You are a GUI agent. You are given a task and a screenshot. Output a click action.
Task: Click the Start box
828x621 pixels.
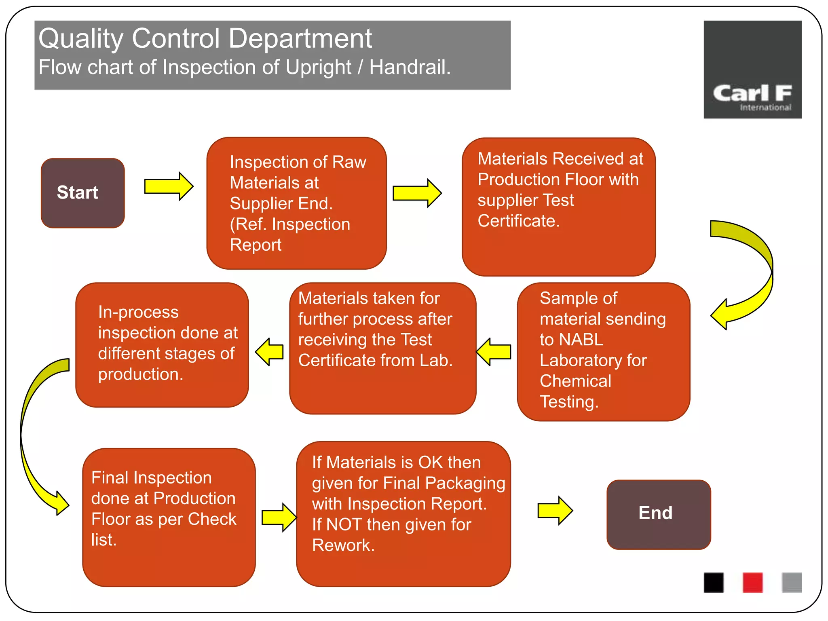pos(82,193)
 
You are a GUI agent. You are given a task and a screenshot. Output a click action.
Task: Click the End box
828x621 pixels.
pos(658,514)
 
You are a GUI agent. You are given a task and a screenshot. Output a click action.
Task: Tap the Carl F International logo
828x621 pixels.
pos(752,70)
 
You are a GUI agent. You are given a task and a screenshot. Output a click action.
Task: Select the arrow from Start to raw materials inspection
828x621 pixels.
pos(169,186)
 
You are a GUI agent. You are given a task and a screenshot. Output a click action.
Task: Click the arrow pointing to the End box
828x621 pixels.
pos(555,511)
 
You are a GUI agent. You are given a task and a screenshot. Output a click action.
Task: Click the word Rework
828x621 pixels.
pos(343,545)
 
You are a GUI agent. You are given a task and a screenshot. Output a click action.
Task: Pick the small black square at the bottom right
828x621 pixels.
pos(713,583)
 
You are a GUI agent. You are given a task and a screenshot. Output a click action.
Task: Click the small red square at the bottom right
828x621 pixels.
pos(752,583)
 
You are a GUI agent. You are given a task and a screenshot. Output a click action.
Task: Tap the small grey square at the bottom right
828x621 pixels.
pos(791,583)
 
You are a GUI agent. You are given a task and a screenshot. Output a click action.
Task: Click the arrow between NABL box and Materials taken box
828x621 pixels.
pos(494,352)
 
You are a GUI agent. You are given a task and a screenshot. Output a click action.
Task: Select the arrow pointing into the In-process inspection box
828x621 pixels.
pos(269,352)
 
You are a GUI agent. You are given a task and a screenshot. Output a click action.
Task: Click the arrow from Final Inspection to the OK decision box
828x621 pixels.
pos(279,517)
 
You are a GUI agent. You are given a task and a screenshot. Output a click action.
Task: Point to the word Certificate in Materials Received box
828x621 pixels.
pos(518,221)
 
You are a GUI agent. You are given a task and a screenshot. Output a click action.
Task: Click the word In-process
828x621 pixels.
pos(138,312)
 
